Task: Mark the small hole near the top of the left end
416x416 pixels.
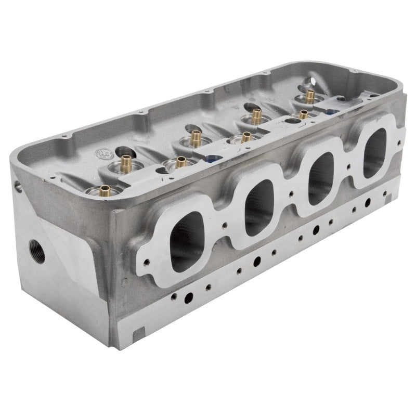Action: tap(18, 186)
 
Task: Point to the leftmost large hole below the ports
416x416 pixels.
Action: tap(189, 297)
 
